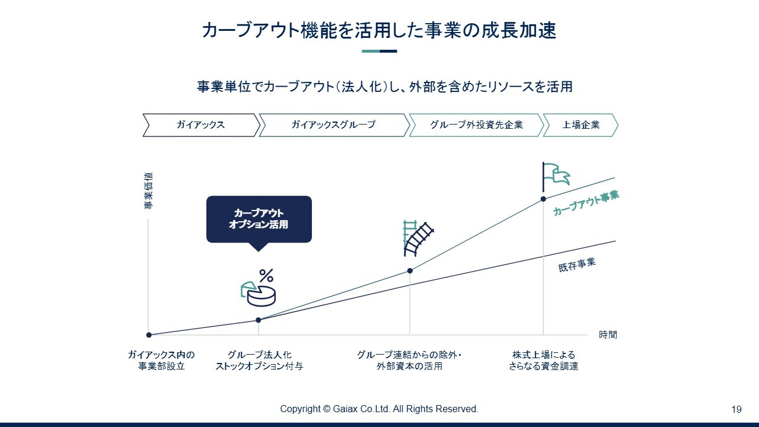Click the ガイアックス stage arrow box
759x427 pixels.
pos(201,125)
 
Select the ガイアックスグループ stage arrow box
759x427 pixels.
pos(334,125)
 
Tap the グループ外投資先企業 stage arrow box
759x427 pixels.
pos(476,125)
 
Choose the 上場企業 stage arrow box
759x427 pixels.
pos(581,125)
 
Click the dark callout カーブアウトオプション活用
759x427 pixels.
pos(259,219)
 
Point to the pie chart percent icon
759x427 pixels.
pos(258,288)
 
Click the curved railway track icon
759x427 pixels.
pos(418,238)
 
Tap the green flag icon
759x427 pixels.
pos(556,176)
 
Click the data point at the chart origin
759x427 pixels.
pos(149,335)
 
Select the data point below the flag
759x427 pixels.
pos(543,199)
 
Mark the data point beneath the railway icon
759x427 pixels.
pos(410,271)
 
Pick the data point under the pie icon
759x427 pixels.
pos(258,320)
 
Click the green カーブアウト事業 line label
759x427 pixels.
pos(586,203)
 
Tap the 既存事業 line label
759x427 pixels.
pos(577,265)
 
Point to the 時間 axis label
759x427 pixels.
pos(608,335)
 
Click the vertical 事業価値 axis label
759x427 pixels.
pos(148,190)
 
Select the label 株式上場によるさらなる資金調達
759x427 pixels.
pos(544,360)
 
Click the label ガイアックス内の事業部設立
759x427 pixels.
pos(161,360)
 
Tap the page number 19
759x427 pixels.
pos(736,409)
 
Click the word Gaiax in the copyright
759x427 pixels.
pos(345,409)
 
